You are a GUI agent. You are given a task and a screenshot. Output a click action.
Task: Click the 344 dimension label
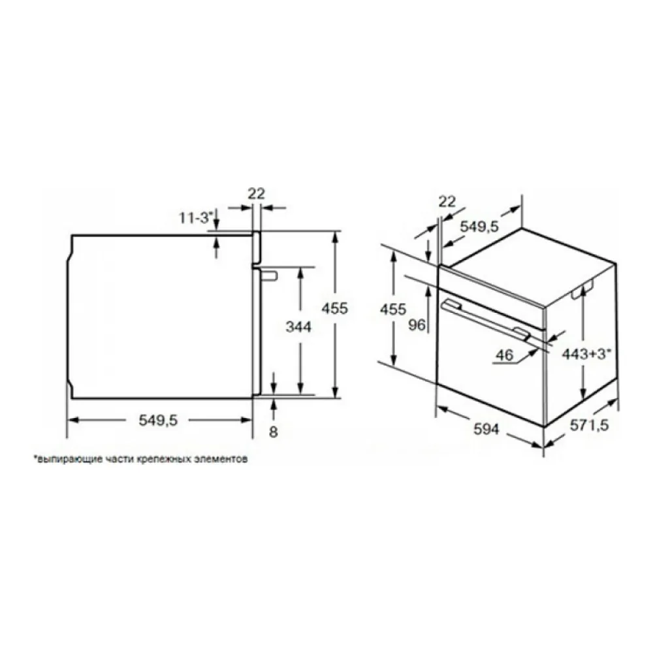(x=298, y=327)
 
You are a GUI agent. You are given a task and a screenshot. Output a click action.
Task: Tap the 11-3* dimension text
(x=195, y=217)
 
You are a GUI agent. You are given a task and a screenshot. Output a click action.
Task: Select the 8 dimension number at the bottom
(x=273, y=432)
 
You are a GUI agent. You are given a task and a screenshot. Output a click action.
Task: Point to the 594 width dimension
(x=486, y=428)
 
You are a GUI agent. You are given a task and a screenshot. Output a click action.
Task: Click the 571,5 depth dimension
(x=589, y=425)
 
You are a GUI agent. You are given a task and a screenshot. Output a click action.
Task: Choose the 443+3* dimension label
(x=587, y=354)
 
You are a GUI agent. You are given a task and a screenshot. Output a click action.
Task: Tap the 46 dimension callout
(x=504, y=355)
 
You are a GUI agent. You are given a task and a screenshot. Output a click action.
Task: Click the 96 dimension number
(x=417, y=325)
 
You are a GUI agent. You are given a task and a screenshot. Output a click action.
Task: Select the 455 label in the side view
(x=334, y=308)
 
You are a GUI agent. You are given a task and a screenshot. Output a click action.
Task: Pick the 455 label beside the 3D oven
(x=392, y=309)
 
